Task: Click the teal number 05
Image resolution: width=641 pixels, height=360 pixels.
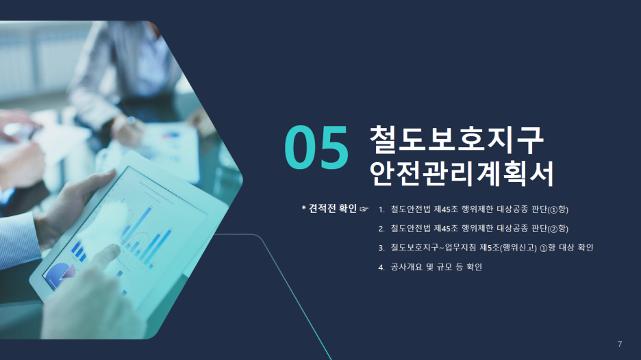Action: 316,147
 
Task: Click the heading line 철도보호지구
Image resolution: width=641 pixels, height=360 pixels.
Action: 457,140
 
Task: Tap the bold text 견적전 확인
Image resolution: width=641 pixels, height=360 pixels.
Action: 333,208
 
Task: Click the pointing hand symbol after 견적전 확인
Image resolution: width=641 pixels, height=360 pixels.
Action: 364,209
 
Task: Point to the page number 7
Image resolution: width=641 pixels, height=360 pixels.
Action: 620,344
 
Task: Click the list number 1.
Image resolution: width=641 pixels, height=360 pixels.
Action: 381,209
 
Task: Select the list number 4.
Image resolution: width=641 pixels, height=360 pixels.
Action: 381,268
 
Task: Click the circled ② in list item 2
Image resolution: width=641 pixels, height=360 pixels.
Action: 554,229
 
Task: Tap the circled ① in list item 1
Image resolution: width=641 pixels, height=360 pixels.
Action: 554,210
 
